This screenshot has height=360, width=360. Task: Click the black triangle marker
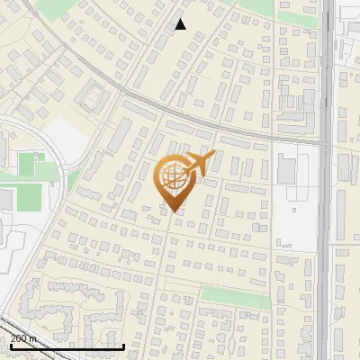point(180,24)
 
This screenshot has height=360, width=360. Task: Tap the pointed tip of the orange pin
point(172,211)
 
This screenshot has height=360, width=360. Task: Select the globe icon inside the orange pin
point(172,176)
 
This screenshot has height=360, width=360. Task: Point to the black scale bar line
point(67,346)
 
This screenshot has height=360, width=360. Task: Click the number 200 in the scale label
point(19,338)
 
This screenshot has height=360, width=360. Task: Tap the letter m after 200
point(34,338)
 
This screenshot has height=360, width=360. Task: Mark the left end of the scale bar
point(11,346)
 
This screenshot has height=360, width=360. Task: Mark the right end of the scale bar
point(123,346)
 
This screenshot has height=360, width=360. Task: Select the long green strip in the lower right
point(234,296)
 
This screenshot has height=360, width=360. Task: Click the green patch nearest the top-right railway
point(297,16)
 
